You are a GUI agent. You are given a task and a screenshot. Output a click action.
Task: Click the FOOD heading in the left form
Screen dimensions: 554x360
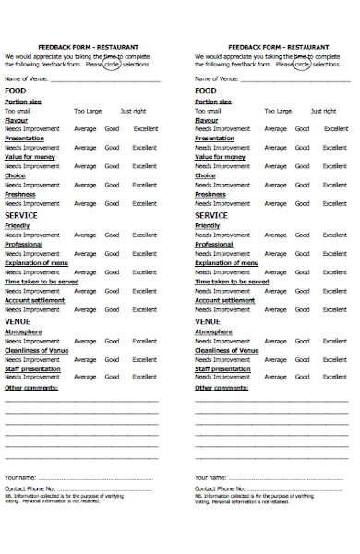click(x=15, y=90)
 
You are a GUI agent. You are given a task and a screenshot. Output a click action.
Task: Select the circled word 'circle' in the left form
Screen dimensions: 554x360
click(x=111, y=66)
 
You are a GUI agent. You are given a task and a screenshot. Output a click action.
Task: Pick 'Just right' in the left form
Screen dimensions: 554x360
click(x=132, y=110)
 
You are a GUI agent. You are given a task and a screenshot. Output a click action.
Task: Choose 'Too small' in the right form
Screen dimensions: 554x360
click(x=209, y=110)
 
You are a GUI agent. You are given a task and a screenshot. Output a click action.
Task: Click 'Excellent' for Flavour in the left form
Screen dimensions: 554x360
click(x=145, y=128)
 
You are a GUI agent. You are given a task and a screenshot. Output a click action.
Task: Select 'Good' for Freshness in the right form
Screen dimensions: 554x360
click(x=302, y=204)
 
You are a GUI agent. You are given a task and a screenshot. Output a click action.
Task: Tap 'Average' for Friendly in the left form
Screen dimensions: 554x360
click(x=85, y=235)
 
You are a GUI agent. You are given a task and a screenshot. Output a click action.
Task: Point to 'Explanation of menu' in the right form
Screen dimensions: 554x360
click(x=226, y=262)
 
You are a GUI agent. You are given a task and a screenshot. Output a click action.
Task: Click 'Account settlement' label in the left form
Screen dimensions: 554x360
click(x=35, y=300)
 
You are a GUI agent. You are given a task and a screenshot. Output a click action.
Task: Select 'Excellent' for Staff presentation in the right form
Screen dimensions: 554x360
click(x=335, y=379)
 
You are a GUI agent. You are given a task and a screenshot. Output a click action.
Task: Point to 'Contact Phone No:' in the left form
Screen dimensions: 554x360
click(x=30, y=488)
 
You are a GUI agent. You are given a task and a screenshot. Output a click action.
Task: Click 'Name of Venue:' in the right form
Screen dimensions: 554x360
click(x=216, y=79)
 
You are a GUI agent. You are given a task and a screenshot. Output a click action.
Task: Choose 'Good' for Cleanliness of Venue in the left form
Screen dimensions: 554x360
click(x=112, y=360)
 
